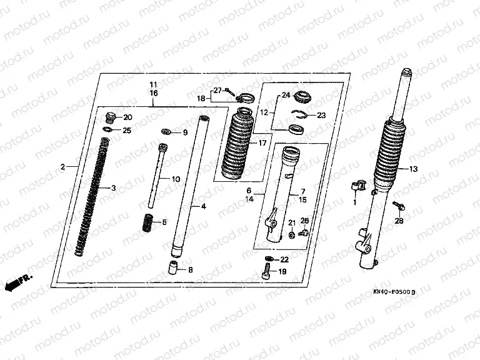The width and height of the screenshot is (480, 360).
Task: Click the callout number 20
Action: coord(127,117)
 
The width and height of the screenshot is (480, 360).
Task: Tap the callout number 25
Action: coord(127,130)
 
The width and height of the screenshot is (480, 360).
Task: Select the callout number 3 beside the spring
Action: coord(113,188)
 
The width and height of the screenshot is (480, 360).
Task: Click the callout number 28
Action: coord(399,221)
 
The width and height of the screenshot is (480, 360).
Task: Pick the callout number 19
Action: coord(282,272)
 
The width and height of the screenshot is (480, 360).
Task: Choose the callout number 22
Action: coord(284,259)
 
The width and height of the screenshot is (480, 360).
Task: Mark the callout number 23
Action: coord(321,115)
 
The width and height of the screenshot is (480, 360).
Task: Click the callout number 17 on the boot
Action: coord(253,144)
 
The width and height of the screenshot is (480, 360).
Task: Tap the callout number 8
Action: coord(191,270)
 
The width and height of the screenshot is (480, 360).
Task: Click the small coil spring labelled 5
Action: coord(148,221)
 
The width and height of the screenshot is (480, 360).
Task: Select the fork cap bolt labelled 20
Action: coord(111,116)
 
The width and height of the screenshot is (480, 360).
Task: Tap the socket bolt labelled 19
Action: coord(267,272)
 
